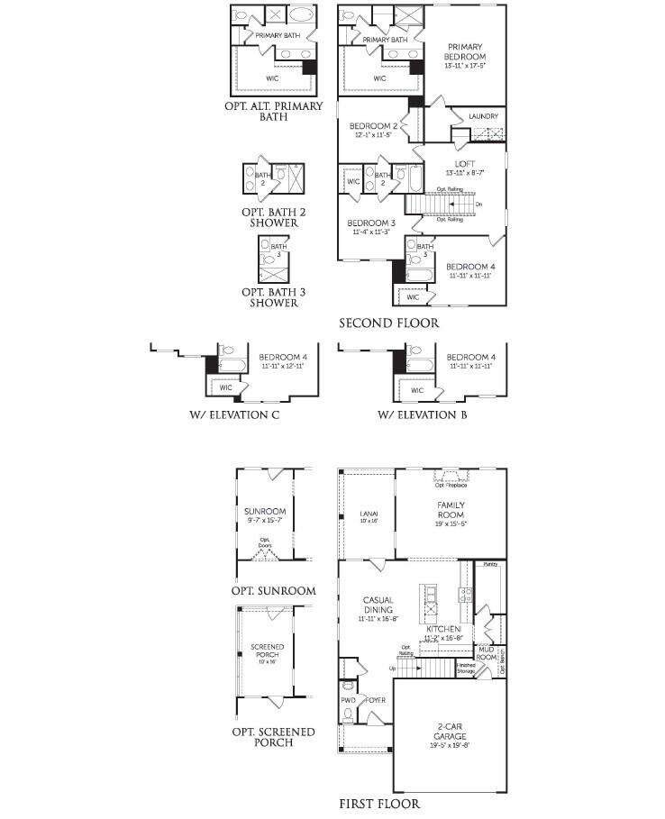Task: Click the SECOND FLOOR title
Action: (389, 322)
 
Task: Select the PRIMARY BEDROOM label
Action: (466, 51)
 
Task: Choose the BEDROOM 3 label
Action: (372, 223)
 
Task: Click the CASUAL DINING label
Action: (378, 605)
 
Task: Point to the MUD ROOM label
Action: (487, 652)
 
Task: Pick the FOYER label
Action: (376, 699)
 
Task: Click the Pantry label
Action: (490, 564)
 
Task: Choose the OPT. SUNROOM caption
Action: (273, 591)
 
